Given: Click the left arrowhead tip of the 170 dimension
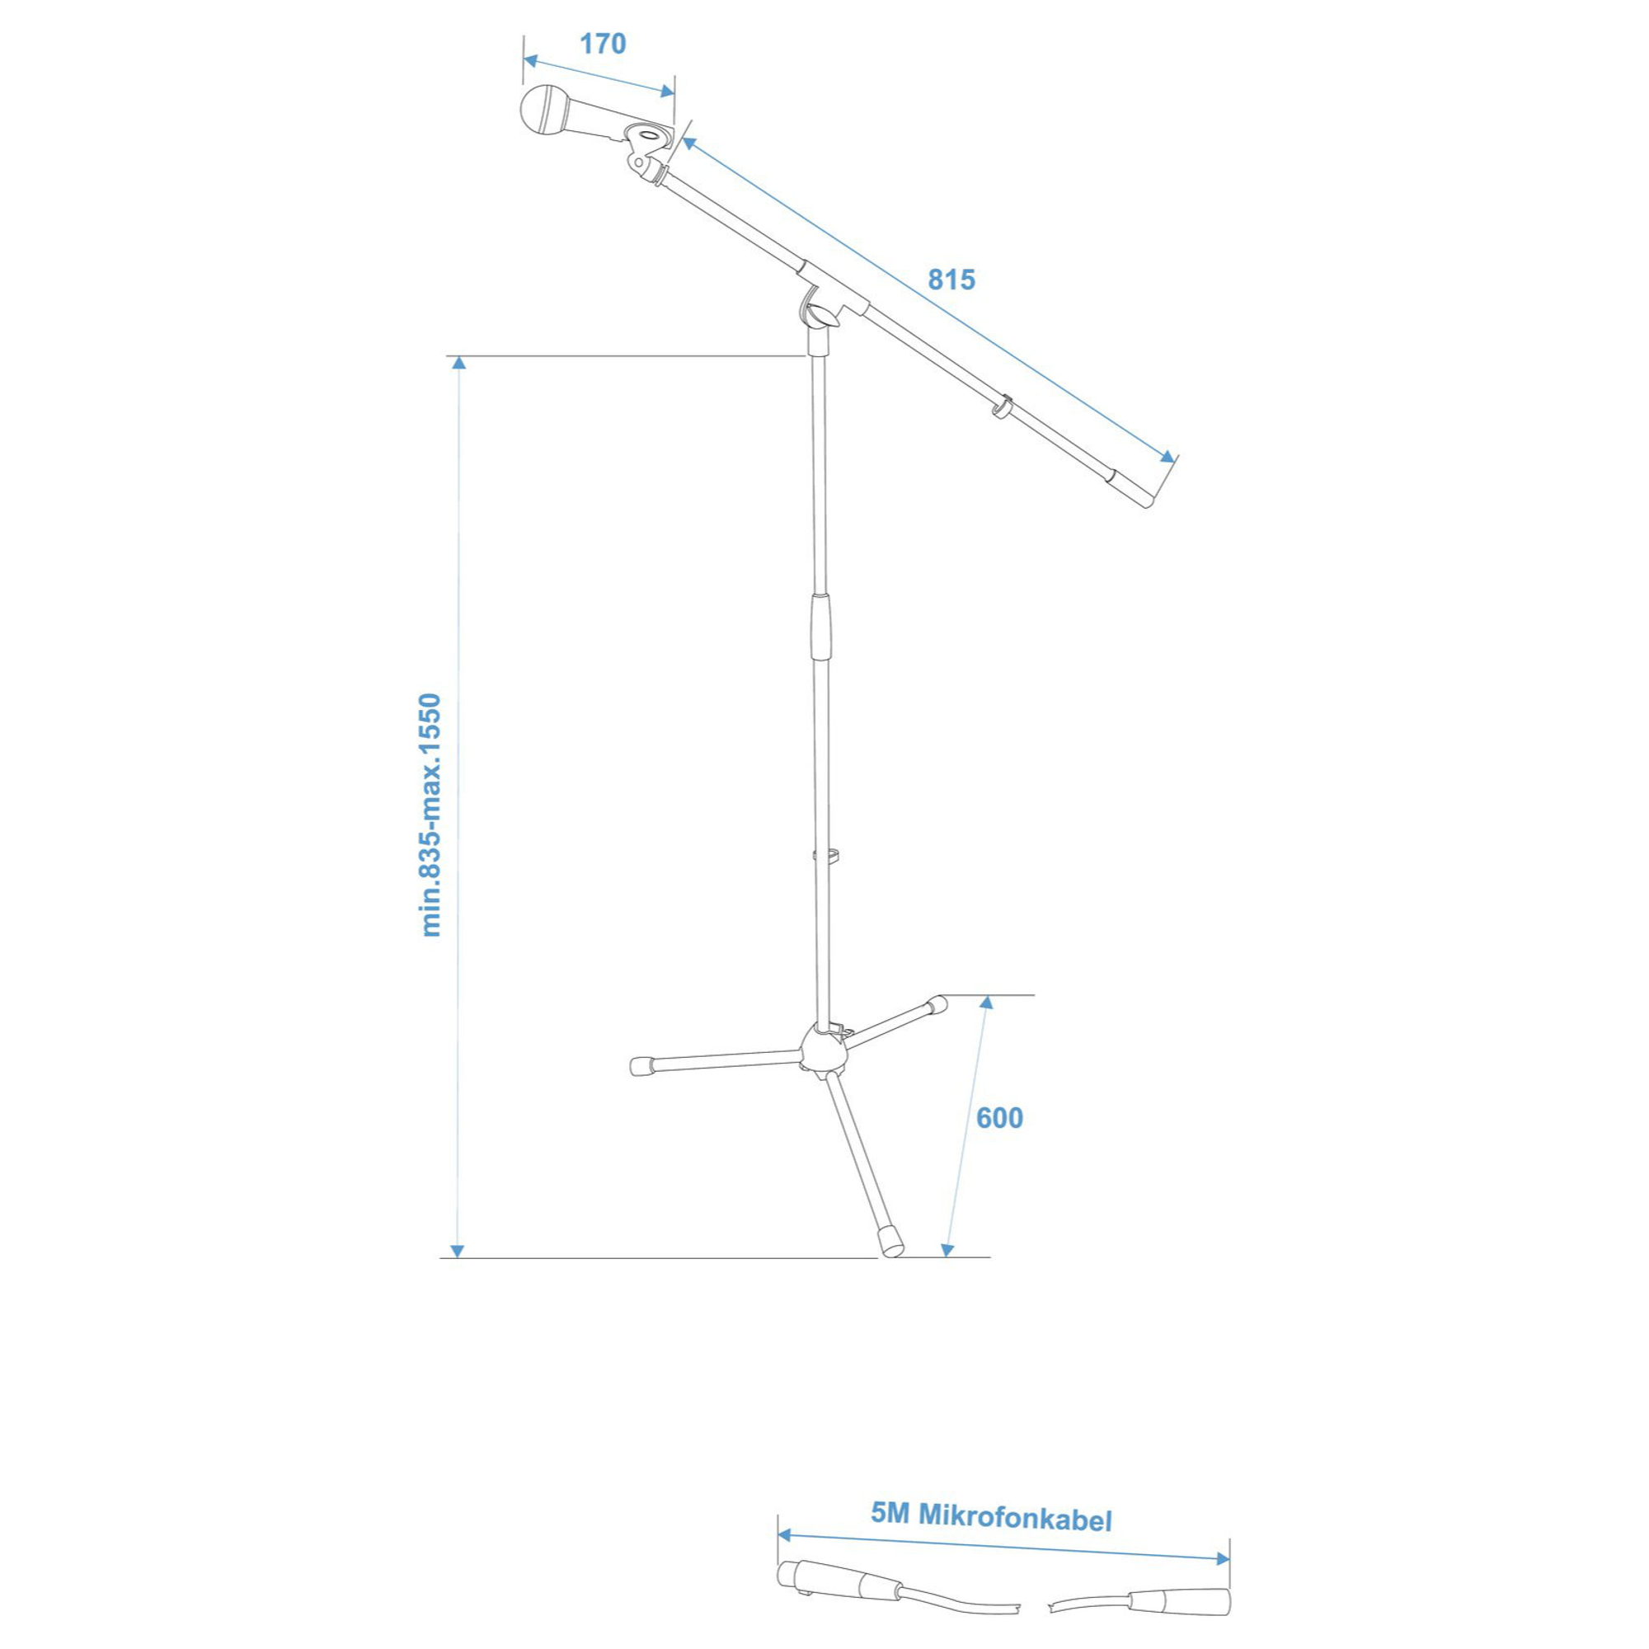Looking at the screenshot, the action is [524, 58].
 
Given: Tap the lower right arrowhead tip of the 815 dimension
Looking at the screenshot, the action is [1174, 462].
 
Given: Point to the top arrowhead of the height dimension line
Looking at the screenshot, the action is [459, 363].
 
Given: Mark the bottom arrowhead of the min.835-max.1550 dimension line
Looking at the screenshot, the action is [458, 1252].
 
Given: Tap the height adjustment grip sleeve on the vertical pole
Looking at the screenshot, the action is [820, 627].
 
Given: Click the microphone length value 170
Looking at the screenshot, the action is [604, 45].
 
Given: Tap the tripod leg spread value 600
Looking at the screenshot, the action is [999, 1118].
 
